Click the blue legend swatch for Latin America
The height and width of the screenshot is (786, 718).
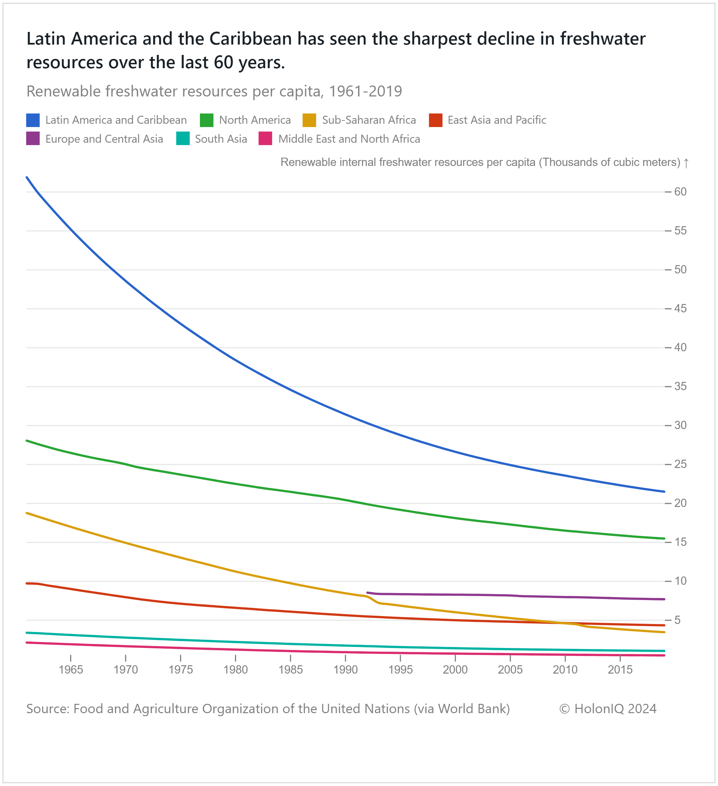point(33,120)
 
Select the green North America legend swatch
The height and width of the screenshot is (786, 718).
point(206,120)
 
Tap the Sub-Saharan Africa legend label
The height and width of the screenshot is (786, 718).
point(369,120)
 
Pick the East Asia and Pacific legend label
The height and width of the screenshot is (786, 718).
point(497,120)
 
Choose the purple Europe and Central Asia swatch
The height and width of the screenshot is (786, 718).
point(33,139)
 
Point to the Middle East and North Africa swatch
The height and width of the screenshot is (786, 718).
point(265,139)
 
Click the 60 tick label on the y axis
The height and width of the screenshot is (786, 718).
point(680,192)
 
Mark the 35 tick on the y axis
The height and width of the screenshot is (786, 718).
point(680,387)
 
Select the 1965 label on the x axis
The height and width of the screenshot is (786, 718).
point(71,670)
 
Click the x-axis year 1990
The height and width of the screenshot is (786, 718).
point(345,670)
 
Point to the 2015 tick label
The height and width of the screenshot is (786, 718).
point(620,670)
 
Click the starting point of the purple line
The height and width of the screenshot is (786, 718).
point(367,593)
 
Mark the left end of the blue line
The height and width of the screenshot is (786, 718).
point(27,177)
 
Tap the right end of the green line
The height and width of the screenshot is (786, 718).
point(664,539)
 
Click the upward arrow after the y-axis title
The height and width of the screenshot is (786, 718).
point(686,163)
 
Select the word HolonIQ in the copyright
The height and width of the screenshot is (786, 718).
point(599,709)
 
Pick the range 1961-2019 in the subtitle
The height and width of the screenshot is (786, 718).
point(365,91)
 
